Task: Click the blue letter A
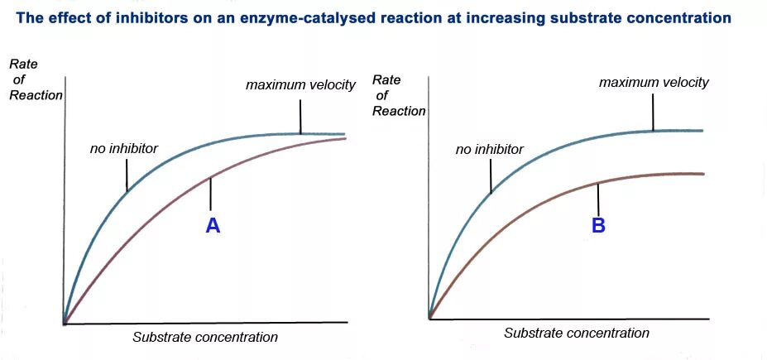pyautogui.click(x=213, y=225)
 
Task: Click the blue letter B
pyautogui.click(x=598, y=225)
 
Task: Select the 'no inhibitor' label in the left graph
pyautogui.click(x=123, y=149)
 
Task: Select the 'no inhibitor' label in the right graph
pyautogui.click(x=489, y=150)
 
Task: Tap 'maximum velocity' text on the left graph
pyautogui.click(x=300, y=84)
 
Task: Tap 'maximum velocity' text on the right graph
pyautogui.click(x=654, y=82)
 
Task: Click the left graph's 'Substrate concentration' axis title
pyautogui.click(x=205, y=337)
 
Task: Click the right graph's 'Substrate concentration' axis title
pyautogui.click(x=577, y=333)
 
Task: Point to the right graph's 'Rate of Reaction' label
pyautogui.click(x=399, y=95)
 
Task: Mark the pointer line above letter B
pyautogui.click(x=597, y=198)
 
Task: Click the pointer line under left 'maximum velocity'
pyautogui.click(x=300, y=116)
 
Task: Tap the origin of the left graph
pyautogui.click(x=64, y=323)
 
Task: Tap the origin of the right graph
pyautogui.click(x=429, y=318)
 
